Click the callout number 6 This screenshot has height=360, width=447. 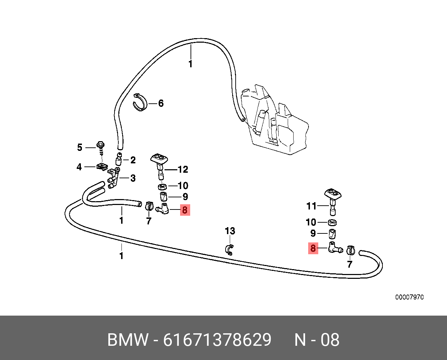pyautogui.click(x=161, y=103)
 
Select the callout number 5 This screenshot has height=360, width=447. pyautogui.click(x=80, y=147)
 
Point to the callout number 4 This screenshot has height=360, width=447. pyautogui.click(x=79, y=167)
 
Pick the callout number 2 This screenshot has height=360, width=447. pyautogui.click(x=133, y=160)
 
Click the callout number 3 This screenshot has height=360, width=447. pyautogui.click(x=133, y=178)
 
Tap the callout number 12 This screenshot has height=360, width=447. pyautogui.click(x=183, y=169)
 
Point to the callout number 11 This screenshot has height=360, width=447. pyautogui.click(x=311, y=206)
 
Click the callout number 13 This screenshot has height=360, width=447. pyautogui.click(x=230, y=231)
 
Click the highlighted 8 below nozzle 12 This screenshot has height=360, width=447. pyautogui.click(x=185, y=210)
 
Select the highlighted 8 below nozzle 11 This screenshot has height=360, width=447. pyautogui.click(x=313, y=248)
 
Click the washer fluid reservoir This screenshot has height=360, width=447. pyautogui.click(x=278, y=121)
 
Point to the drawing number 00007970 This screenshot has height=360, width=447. pyautogui.click(x=410, y=297)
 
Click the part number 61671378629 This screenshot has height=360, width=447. pyautogui.click(x=217, y=340)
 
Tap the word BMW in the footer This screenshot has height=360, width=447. pyautogui.click(x=128, y=340)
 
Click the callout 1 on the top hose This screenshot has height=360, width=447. pyautogui.click(x=190, y=64)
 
